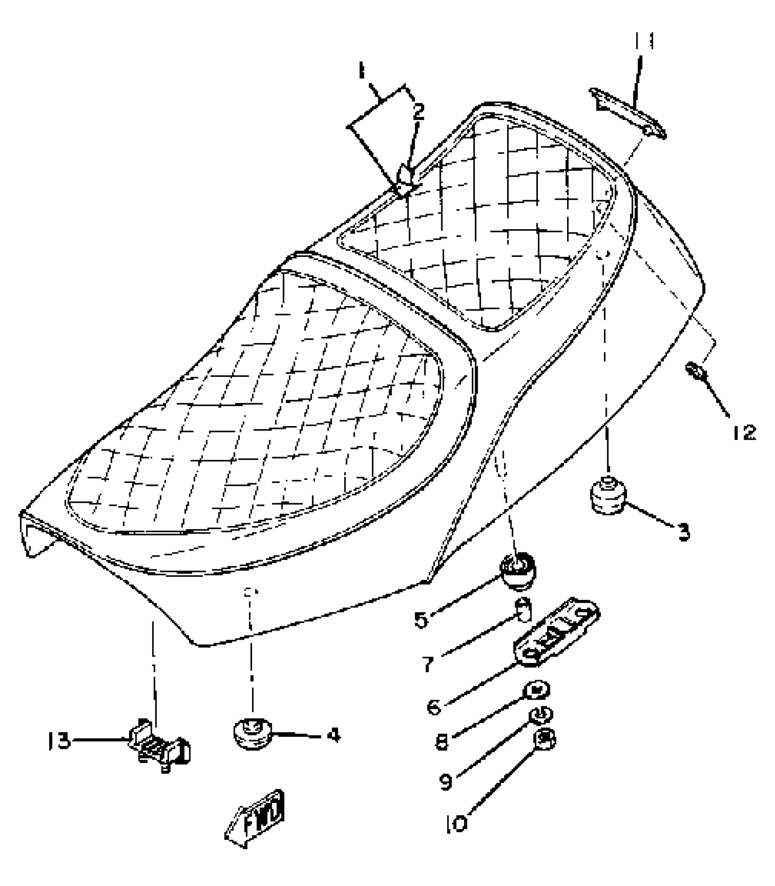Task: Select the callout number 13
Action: [59, 741]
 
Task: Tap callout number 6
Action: [434, 707]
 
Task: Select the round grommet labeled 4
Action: [252, 734]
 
